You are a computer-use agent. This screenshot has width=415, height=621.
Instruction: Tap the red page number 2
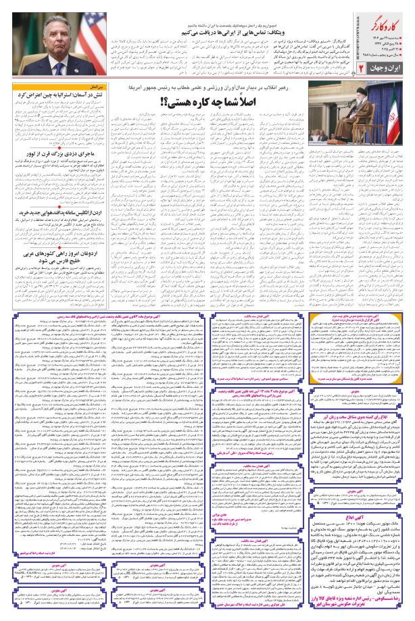pyautogui.click(x=361, y=69)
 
